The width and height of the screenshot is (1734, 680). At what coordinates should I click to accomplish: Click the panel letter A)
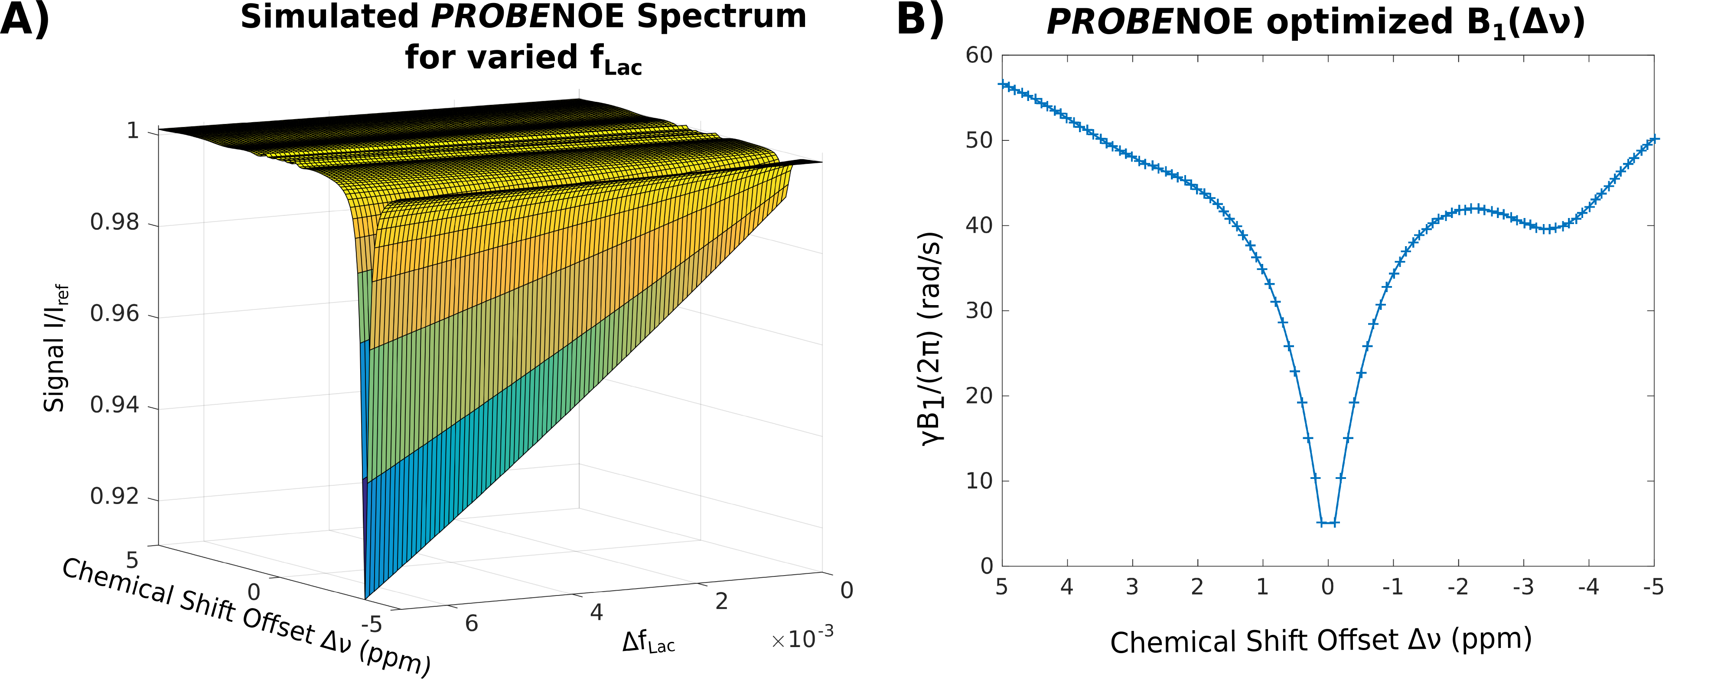coord(25,20)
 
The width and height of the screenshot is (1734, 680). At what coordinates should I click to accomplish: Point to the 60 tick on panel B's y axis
coord(979,55)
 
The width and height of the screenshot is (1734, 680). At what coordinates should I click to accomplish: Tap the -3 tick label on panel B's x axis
coord(1523,588)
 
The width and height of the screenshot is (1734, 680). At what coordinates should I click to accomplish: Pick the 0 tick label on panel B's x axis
coord(1327,588)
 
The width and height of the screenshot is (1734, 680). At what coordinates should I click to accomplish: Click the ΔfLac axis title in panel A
coord(648,643)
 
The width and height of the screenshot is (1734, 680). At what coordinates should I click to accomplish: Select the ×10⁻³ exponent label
coord(802,638)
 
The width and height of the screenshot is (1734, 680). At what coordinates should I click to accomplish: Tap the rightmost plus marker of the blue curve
coord(1654,139)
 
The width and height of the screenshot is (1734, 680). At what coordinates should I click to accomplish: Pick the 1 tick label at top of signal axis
coord(133,130)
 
